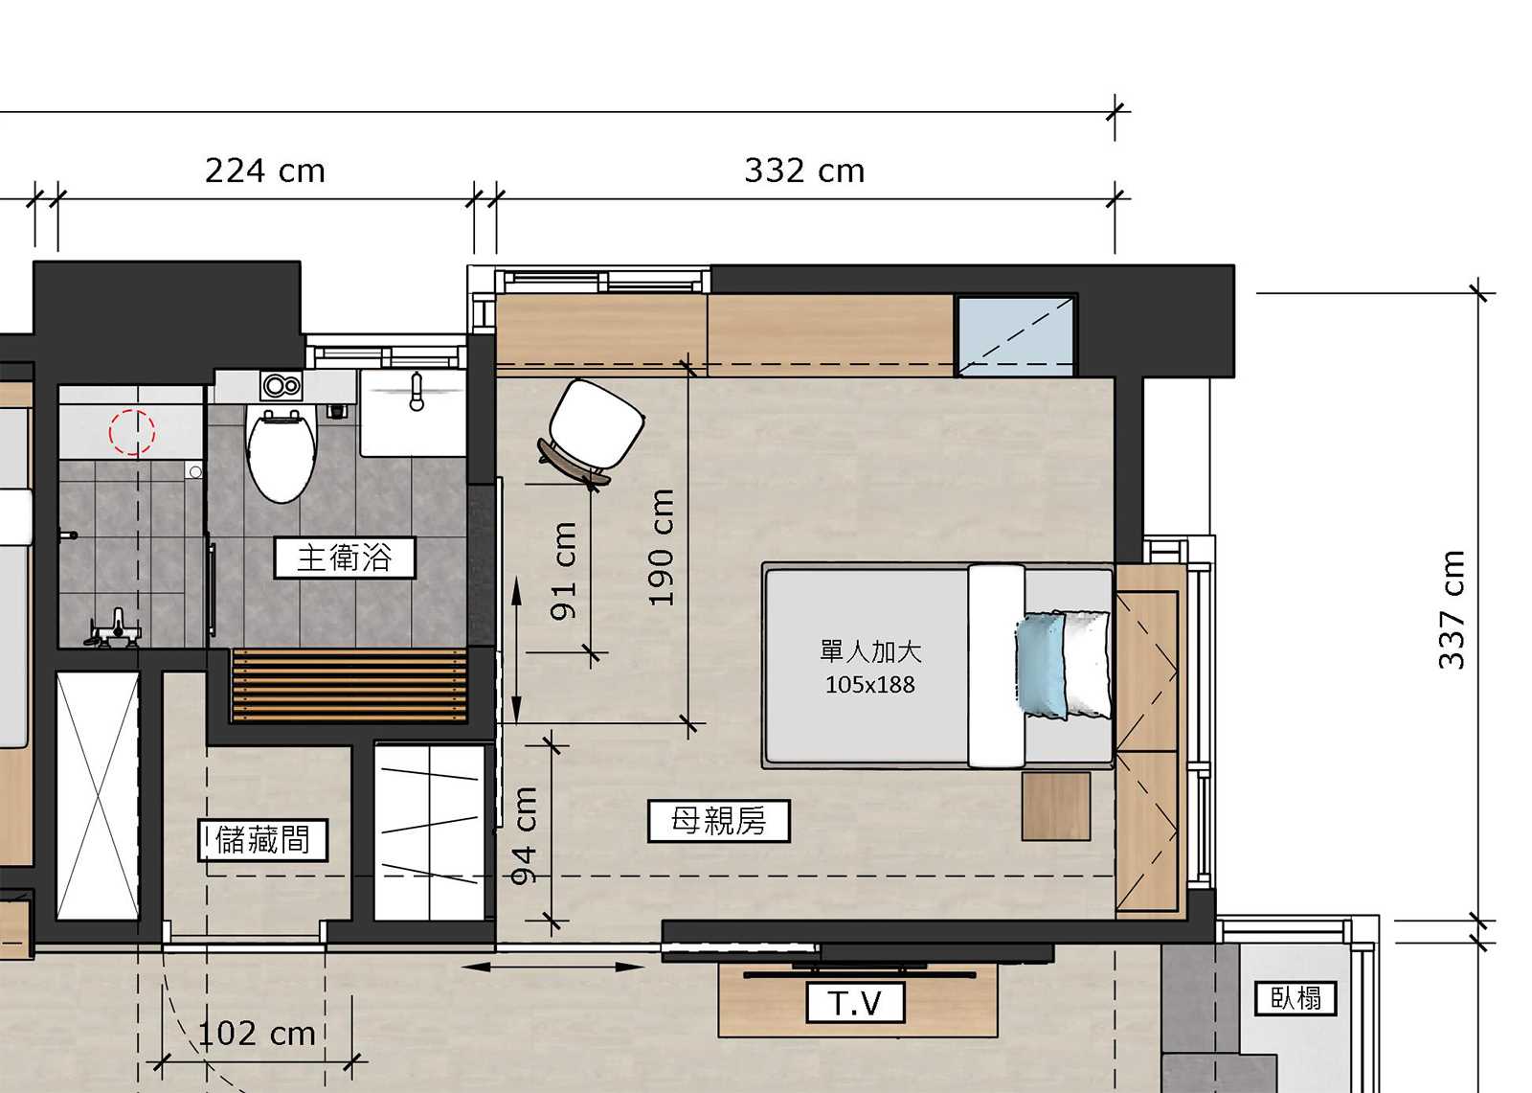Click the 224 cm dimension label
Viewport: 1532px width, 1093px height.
point(265,171)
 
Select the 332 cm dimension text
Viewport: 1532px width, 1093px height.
point(804,171)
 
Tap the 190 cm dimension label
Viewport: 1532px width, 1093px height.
point(661,548)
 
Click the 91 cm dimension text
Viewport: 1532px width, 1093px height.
point(564,572)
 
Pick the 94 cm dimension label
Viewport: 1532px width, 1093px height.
point(524,835)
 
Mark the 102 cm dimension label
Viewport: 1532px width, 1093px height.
point(257,1034)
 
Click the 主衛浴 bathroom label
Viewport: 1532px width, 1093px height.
point(345,558)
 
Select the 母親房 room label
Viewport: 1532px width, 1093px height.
point(719,821)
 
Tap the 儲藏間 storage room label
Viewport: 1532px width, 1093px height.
point(262,840)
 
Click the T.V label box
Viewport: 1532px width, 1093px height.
point(856,1003)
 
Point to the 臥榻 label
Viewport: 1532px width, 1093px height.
point(1296,997)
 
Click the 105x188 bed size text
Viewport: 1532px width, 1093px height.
point(870,684)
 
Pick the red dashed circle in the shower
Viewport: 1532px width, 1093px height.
point(132,433)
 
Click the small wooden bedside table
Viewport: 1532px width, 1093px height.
point(1056,807)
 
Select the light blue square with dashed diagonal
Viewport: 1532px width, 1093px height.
point(1016,336)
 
